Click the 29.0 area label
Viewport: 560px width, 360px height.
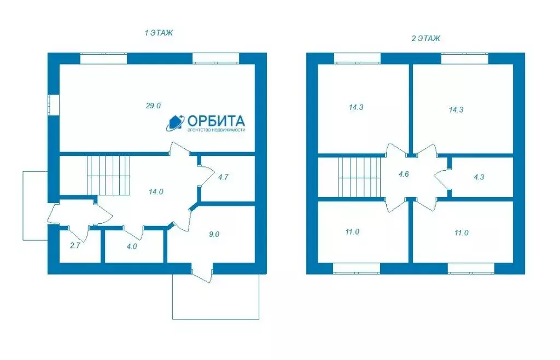[153, 106]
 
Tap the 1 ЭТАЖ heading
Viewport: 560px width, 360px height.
[159, 33]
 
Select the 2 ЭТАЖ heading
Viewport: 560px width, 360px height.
[425, 38]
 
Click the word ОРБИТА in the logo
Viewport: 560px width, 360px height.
[216, 120]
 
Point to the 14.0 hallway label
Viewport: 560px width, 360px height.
[156, 192]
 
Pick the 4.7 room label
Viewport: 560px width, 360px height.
[223, 177]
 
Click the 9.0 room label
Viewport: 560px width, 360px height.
[214, 234]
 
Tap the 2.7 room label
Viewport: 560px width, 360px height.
[75, 245]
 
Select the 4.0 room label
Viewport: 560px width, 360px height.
[132, 246]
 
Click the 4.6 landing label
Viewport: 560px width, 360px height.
[404, 175]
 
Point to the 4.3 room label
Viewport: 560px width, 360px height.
[479, 177]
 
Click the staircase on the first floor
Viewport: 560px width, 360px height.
[109, 175]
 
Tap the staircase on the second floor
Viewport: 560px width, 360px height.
[360, 177]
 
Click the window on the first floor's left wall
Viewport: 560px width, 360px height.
[54, 104]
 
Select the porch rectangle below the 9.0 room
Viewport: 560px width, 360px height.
[215, 297]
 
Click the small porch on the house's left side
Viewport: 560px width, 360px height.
[36, 206]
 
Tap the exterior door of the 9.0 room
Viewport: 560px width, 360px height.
[202, 273]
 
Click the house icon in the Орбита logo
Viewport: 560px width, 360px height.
[176, 123]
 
